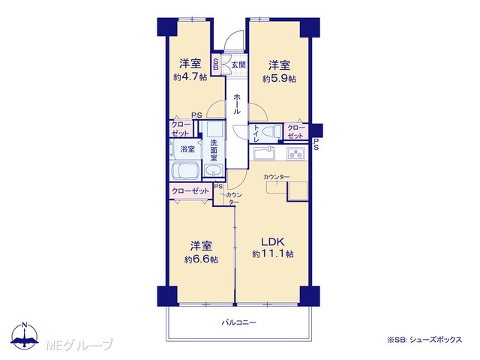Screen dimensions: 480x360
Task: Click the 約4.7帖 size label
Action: tap(190, 76)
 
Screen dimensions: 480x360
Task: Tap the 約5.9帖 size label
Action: tap(279, 79)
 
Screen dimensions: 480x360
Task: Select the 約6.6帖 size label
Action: tap(201, 259)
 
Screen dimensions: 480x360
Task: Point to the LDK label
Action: tap(273, 241)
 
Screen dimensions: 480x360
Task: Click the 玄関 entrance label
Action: tap(238, 65)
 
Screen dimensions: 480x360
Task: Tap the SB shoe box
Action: tap(216, 64)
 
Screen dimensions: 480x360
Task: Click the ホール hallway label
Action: tap(237, 104)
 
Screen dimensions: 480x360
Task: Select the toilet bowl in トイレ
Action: tap(273, 131)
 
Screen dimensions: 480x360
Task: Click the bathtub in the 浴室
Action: tap(186, 170)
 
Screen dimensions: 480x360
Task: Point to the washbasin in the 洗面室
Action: tap(214, 170)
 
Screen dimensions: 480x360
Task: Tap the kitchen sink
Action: tap(264, 153)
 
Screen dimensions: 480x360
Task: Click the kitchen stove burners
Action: tap(295, 153)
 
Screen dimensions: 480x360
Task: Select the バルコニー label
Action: tap(238, 322)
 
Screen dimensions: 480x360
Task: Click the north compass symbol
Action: tap(24, 335)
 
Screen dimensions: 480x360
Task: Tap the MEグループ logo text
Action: tap(79, 345)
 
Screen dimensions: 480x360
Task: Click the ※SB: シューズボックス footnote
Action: tap(424, 340)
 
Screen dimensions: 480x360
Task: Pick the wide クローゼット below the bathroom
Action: tap(190, 191)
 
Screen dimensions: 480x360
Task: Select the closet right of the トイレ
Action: tap(295, 132)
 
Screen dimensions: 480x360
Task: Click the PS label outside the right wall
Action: tap(316, 144)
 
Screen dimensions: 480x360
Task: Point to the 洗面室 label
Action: tap(214, 150)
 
